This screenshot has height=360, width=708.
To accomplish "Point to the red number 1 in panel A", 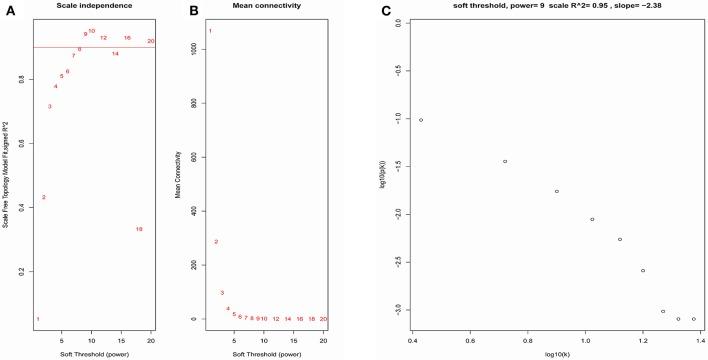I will (38, 319).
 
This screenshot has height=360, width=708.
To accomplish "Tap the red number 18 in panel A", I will (139, 229).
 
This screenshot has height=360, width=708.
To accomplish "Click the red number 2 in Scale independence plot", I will (44, 197).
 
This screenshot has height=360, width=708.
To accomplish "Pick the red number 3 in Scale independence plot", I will (50, 106).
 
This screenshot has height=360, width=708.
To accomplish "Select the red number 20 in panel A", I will (151, 41).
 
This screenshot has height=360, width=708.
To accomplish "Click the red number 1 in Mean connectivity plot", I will (210, 31).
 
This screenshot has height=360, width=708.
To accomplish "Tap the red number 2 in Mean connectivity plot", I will (216, 242).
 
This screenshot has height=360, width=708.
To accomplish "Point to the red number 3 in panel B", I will (222, 293).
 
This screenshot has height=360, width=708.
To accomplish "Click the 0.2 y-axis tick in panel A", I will (22, 271).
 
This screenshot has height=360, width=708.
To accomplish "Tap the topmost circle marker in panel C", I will (421, 120).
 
